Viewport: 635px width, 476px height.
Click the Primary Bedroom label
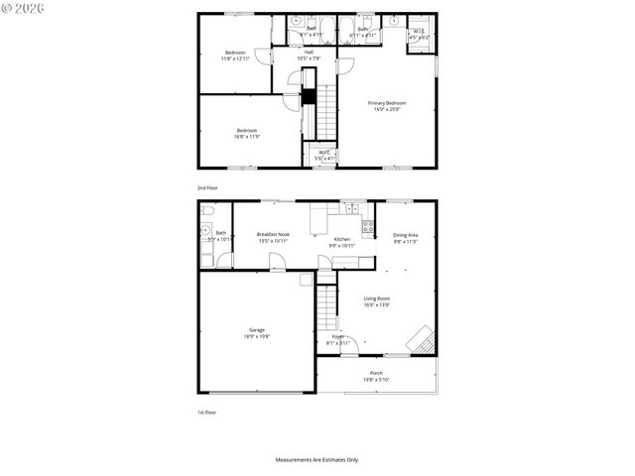click(388, 102)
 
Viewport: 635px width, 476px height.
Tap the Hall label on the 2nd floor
click(309, 52)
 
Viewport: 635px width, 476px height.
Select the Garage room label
click(257, 330)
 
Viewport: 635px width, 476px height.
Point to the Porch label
click(376, 373)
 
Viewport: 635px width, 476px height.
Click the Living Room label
click(376, 298)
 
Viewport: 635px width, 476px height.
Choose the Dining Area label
click(406, 235)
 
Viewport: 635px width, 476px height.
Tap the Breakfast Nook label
click(273, 235)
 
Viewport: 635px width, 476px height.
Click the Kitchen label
click(342, 239)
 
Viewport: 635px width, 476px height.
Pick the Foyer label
click(338, 337)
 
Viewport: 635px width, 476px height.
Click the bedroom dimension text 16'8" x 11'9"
click(247, 136)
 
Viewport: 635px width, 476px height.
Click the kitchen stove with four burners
click(367, 227)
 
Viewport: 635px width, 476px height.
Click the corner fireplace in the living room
click(424, 339)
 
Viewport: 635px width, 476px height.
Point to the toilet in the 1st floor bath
click(206, 211)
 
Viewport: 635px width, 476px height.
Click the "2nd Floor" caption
click(207, 186)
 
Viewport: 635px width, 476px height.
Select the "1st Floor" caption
click(206, 412)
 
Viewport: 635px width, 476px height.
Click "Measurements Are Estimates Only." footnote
click(317, 459)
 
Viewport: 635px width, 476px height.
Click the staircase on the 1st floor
click(327, 309)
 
